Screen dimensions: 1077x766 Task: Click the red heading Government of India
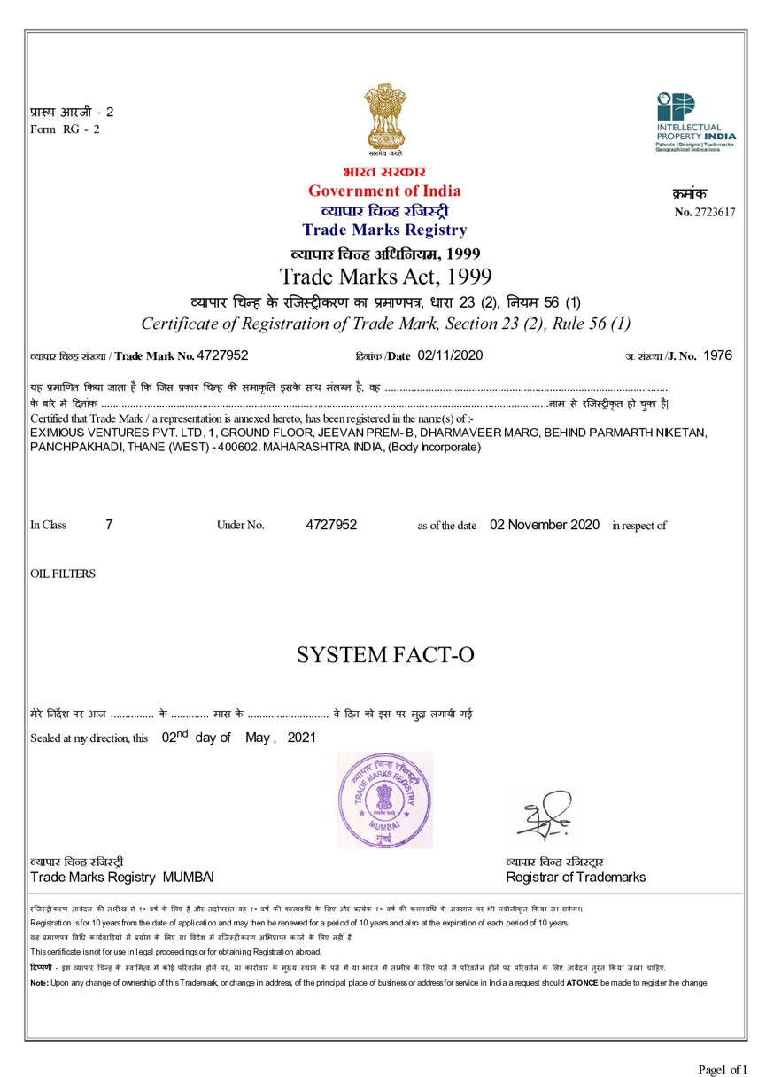384,191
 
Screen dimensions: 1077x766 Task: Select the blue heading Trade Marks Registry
384,230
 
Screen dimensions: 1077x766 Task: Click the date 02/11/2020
449,355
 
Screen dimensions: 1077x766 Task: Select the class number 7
109,525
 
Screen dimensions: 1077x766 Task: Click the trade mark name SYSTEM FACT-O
384,655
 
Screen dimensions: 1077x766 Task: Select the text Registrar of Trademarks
576,878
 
